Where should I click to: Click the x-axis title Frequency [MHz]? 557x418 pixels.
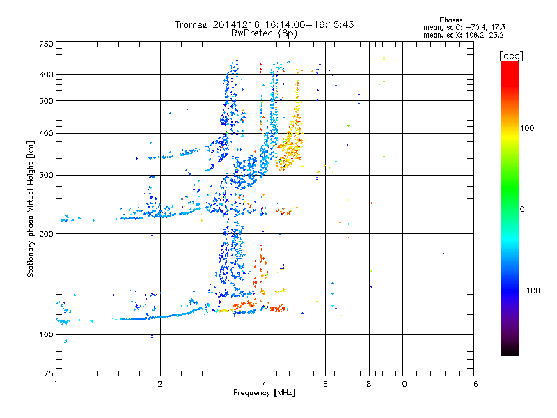coord(264,394)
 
